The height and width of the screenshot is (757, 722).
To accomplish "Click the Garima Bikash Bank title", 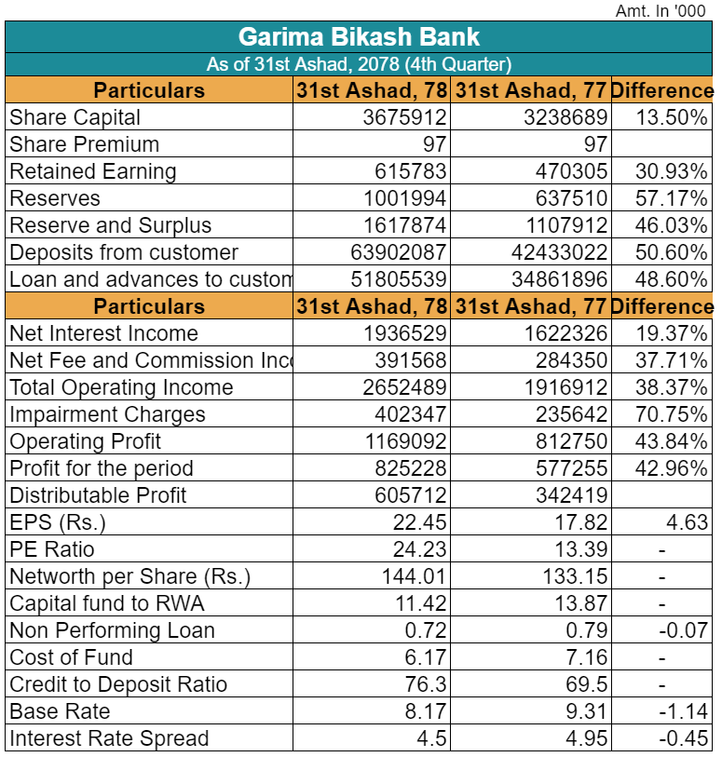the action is pos(359,36).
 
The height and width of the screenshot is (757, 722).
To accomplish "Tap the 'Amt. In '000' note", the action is pos(661,10).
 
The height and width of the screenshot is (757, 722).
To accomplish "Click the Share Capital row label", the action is pos(75,117).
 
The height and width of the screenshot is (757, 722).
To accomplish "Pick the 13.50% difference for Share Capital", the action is pos(672,117).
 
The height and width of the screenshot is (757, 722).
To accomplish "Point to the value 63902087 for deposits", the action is pos(399,252).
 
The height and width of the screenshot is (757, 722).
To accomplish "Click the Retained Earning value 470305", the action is pos(571,171).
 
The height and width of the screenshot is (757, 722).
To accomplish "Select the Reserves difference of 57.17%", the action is pos(672,198).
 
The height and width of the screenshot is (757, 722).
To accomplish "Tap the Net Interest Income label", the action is pos(103,333).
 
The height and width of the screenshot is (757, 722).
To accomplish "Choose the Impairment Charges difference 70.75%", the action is pos(672,414).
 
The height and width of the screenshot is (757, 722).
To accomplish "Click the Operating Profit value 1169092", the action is pos(405,441).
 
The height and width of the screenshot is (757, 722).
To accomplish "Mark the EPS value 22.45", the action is pos(419,522).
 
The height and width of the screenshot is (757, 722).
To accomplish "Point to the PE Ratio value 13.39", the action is pos(580,549).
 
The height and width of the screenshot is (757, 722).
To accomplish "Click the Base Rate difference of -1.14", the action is pos(684,711).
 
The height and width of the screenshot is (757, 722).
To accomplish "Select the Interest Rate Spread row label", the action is pos(109,738).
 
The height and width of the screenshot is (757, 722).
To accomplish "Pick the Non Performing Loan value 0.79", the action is pos(587,630).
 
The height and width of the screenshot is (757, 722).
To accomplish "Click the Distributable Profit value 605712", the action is pos(411,495).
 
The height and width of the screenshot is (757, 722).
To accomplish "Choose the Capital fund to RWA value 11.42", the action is pos(420,603).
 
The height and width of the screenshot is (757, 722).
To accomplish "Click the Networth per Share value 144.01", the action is pos(414,576).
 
